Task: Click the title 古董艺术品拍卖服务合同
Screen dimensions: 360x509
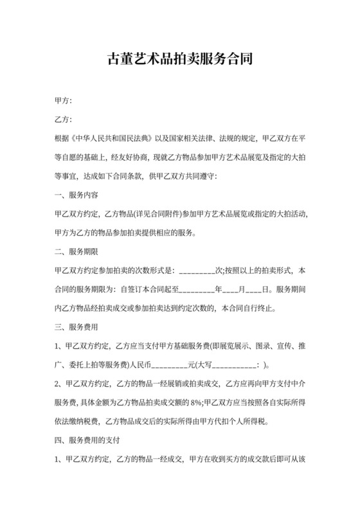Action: coord(179,60)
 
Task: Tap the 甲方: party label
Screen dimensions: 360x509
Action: coord(64,101)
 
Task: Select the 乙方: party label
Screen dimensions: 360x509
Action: coord(64,120)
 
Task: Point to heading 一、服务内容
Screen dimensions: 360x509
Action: coord(76,195)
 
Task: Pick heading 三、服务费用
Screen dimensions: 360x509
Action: coord(76,326)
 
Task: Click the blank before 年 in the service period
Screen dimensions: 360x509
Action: coord(196,289)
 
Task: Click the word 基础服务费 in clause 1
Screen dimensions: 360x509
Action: coord(200,346)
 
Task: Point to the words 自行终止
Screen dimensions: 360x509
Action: coord(260,308)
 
